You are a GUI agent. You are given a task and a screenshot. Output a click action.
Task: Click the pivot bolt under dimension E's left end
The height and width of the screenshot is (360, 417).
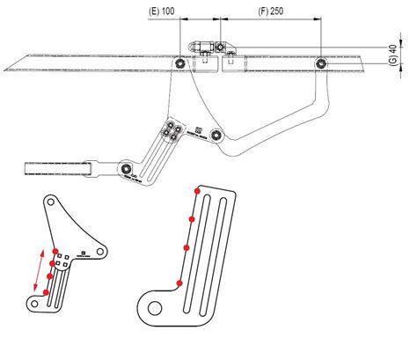click(179, 62)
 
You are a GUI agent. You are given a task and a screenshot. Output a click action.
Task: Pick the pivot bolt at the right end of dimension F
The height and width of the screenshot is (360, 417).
click(322, 62)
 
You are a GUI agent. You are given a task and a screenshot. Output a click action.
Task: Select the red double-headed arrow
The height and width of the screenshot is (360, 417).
click(38, 270)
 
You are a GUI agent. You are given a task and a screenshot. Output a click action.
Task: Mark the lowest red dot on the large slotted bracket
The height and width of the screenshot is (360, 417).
click(179, 283)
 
